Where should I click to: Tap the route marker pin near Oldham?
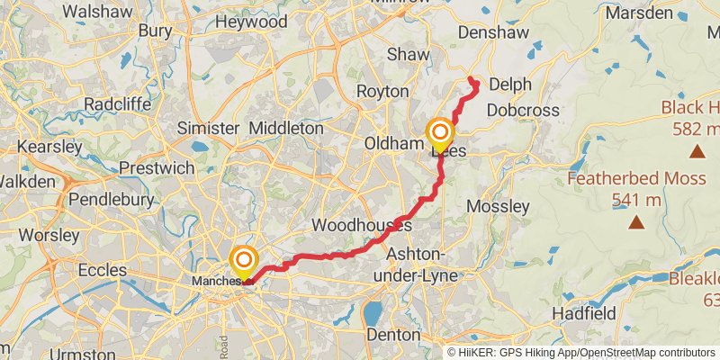coord(440,135)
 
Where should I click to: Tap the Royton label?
coord(383,91)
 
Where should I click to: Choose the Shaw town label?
coord(409,54)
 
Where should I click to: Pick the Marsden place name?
coord(639,13)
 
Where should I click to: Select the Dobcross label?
coord(523,111)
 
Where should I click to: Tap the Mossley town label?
coord(499,206)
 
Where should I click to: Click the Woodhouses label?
coord(361,224)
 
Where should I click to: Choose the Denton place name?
coord(394,334)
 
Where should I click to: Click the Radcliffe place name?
coord(117,104)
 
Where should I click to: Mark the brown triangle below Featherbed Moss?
coord(636,221)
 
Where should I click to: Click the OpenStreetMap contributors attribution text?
coord(639,352)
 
